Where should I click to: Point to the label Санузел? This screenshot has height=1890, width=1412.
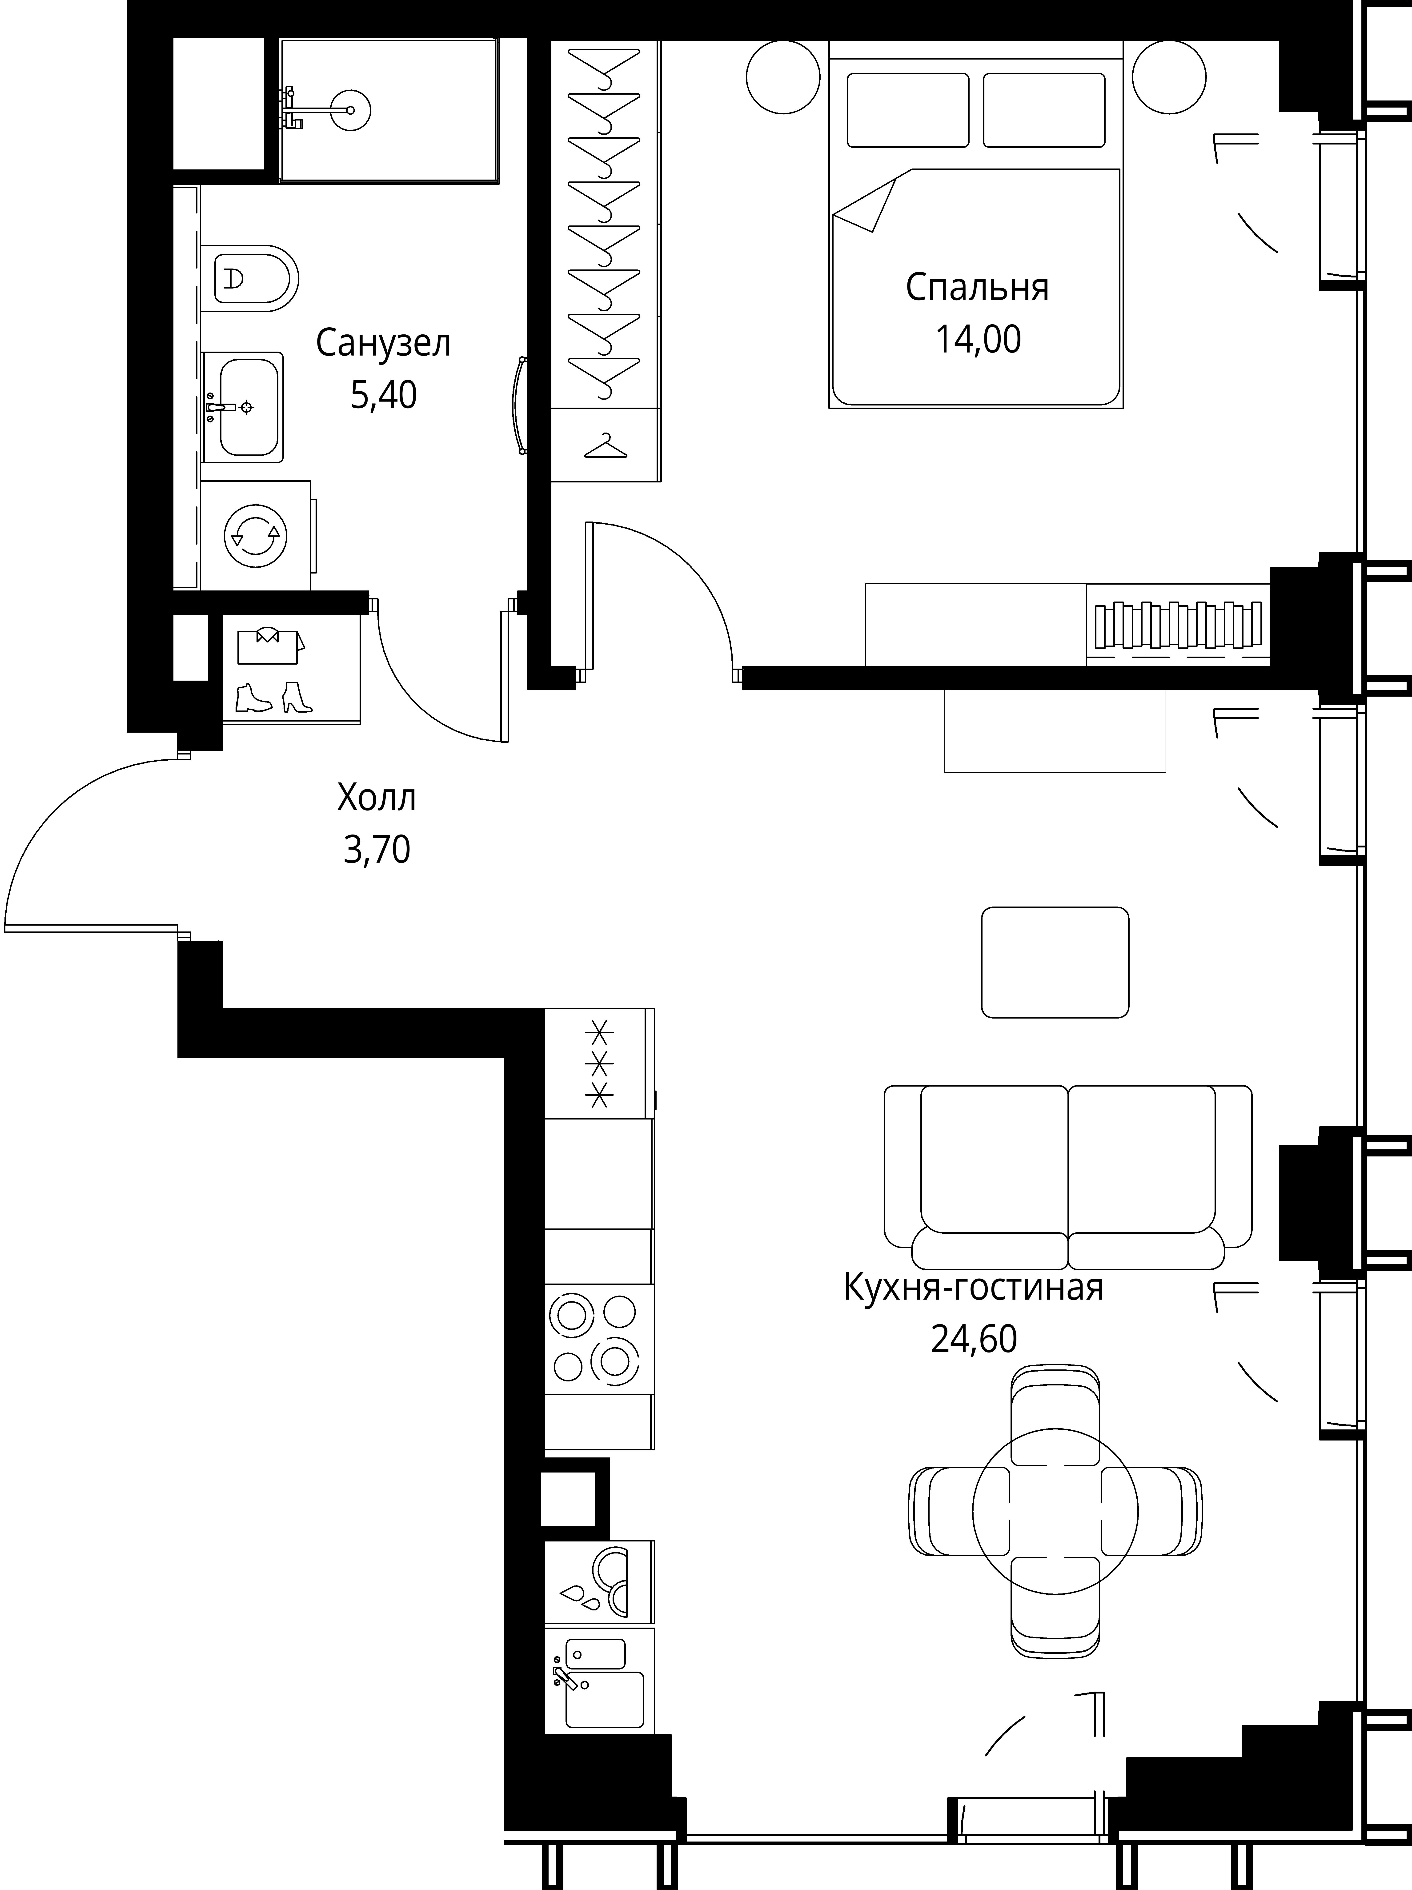(x=383, y=344)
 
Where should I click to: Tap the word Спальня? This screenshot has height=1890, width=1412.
(x=977, y=288)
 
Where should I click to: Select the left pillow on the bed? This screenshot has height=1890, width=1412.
(x=908, y=110)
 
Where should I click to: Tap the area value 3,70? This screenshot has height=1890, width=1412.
(x=377, y=850)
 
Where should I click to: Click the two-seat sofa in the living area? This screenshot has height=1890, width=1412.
(x=1068, y=1177)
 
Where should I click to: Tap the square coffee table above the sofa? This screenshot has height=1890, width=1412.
(x=1055, y=962)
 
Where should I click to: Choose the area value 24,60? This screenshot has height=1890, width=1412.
(x=974, y=1340)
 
